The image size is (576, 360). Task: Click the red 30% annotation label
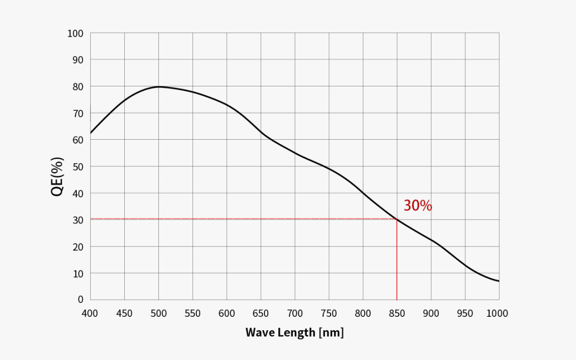[418, 206]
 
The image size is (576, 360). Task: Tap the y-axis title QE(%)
[58, 177]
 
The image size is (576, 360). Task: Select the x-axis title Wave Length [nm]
[294, 333]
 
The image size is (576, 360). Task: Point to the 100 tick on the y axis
[75, 34]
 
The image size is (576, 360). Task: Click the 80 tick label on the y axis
[78, 86]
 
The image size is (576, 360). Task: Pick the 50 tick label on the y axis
[78, 166]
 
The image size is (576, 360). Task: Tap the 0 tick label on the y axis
[80, 299]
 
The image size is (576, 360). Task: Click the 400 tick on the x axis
[90, 314]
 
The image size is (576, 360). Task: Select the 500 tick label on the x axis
[158, 314]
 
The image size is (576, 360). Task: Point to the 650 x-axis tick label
[261, 314]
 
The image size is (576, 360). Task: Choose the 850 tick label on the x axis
[397, 314]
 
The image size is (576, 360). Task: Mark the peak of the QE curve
[159, 86]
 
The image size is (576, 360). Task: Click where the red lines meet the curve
[397, 219]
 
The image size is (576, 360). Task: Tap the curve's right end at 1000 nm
[499, 281]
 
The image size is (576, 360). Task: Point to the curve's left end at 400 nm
[91, 133]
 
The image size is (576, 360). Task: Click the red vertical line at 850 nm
[397, 261]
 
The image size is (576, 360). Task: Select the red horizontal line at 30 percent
[240, 219]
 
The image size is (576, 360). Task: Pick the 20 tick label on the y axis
[78, 246]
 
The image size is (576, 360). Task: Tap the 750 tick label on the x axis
[329, 314]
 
